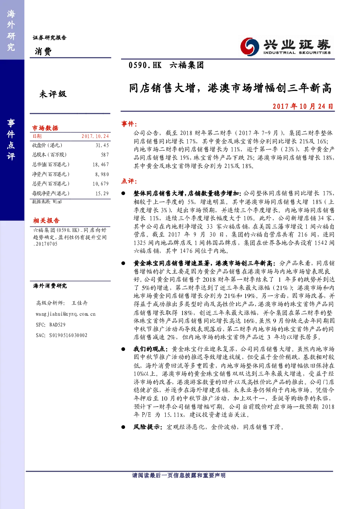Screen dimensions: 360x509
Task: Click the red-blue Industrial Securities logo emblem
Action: tap(249, 46)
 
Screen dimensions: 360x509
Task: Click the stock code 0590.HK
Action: tap(145, 66)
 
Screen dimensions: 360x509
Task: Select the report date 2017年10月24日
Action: tap(303, 106)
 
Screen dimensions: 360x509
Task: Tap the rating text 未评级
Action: tap(53, 94)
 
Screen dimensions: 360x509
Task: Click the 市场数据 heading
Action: tap(45, 128)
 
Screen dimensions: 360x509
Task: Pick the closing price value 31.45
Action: tap(102, 145)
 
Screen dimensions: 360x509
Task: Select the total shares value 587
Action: tap(105, 155)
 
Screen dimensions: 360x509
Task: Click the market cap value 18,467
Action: tap(101, 165)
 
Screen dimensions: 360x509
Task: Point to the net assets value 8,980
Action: tap(102, 174)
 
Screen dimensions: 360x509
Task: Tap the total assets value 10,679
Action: tap(101, 184)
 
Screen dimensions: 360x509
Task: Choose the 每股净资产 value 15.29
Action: tap(102, 194)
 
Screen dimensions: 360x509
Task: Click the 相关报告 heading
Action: tap(46, 220)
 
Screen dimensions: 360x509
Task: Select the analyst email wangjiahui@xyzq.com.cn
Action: tap(66, 314)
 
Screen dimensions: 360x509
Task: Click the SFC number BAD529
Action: tap(57, 325)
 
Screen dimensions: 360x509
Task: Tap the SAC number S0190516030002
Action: tap(68, 335)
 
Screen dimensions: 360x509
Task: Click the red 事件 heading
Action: tap(129, 124)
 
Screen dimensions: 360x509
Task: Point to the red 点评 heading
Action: tap(129, 181)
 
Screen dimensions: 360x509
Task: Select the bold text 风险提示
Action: tap(147, 427)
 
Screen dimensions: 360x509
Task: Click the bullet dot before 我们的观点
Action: tap(123, 349)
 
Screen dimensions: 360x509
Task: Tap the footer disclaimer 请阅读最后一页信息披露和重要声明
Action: tap(179, 475)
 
